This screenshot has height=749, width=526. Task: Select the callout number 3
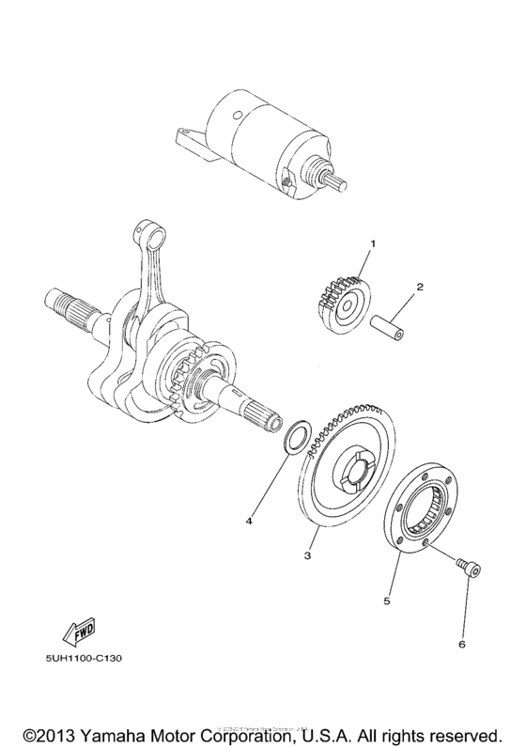tap(307, 555)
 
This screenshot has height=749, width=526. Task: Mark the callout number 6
tap(461, 644)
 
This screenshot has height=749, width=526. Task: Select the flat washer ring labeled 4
tap(293, 435)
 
